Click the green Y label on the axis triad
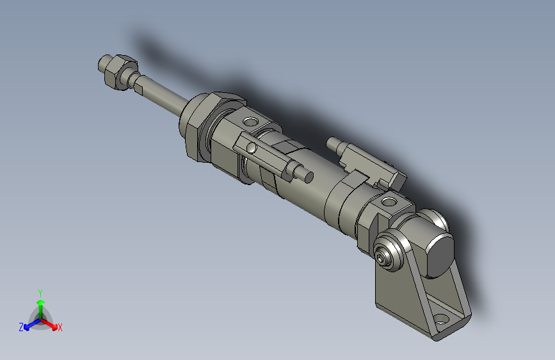40,291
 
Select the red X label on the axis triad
60,328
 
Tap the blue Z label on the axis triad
21,327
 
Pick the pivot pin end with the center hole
383,258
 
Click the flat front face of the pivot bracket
397,295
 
